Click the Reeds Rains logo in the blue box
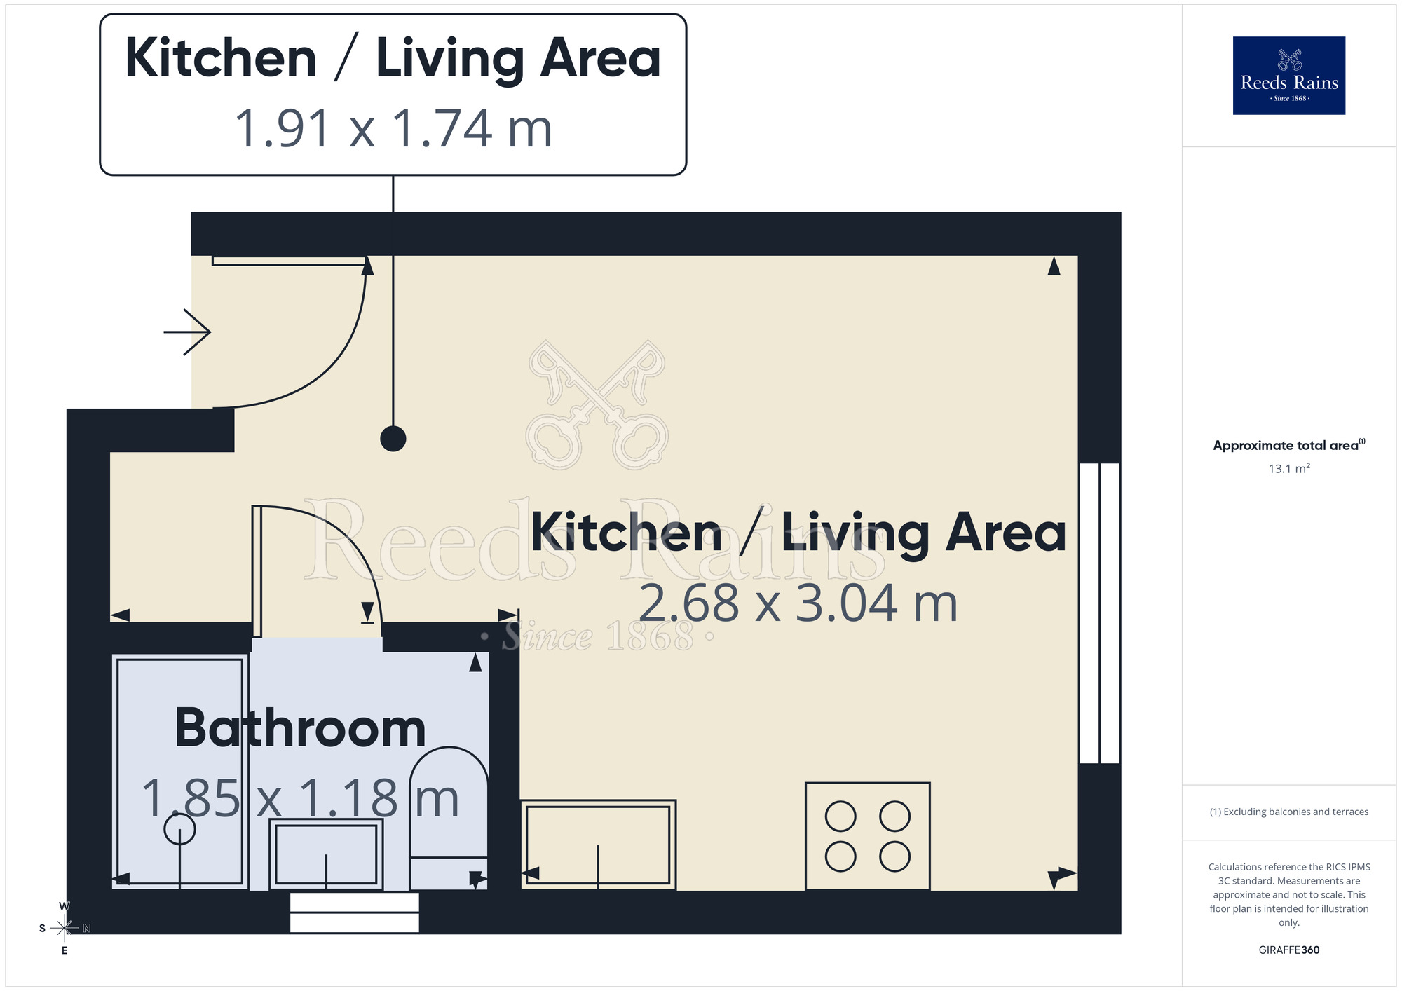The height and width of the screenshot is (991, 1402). (1288, 76)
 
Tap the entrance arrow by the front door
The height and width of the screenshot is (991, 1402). (187, 332)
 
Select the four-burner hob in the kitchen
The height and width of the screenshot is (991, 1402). (867, 835)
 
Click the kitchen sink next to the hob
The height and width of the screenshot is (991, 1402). (598, 845)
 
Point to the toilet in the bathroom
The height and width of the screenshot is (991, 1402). (449, 816)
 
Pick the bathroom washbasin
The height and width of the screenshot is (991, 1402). (326, 854)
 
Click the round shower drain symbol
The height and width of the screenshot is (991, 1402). (179, 830)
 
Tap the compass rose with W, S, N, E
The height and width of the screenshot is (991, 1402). (64, 928)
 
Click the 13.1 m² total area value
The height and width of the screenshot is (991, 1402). (1288, 468)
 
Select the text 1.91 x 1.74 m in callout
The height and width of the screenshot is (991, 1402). (393, 129)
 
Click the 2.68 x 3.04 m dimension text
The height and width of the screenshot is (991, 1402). (798, 603)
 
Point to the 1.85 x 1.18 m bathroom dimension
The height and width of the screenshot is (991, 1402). (300, 798)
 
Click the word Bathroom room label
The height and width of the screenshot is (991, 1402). (300, 729)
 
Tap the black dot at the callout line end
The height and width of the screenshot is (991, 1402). (393, 439)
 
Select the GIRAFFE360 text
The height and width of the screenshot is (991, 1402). (1288, 950)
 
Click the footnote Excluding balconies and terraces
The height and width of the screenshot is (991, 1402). (1288, 812)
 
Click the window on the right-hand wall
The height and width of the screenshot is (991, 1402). (1099, 613)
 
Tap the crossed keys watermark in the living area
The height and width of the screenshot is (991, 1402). (597, 405)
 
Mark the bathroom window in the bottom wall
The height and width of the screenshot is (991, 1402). (354, 913)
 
